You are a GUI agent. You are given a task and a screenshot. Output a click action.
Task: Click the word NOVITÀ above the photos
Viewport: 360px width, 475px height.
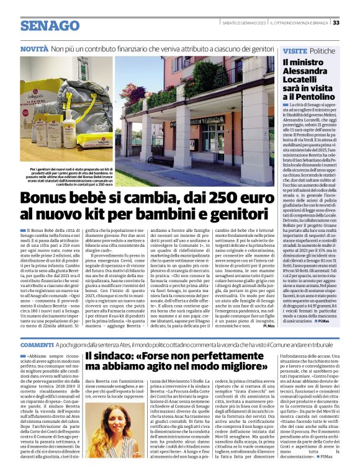coord(35,48)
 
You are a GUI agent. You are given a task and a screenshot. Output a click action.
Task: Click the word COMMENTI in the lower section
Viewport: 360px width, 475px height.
coord(37,344)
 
